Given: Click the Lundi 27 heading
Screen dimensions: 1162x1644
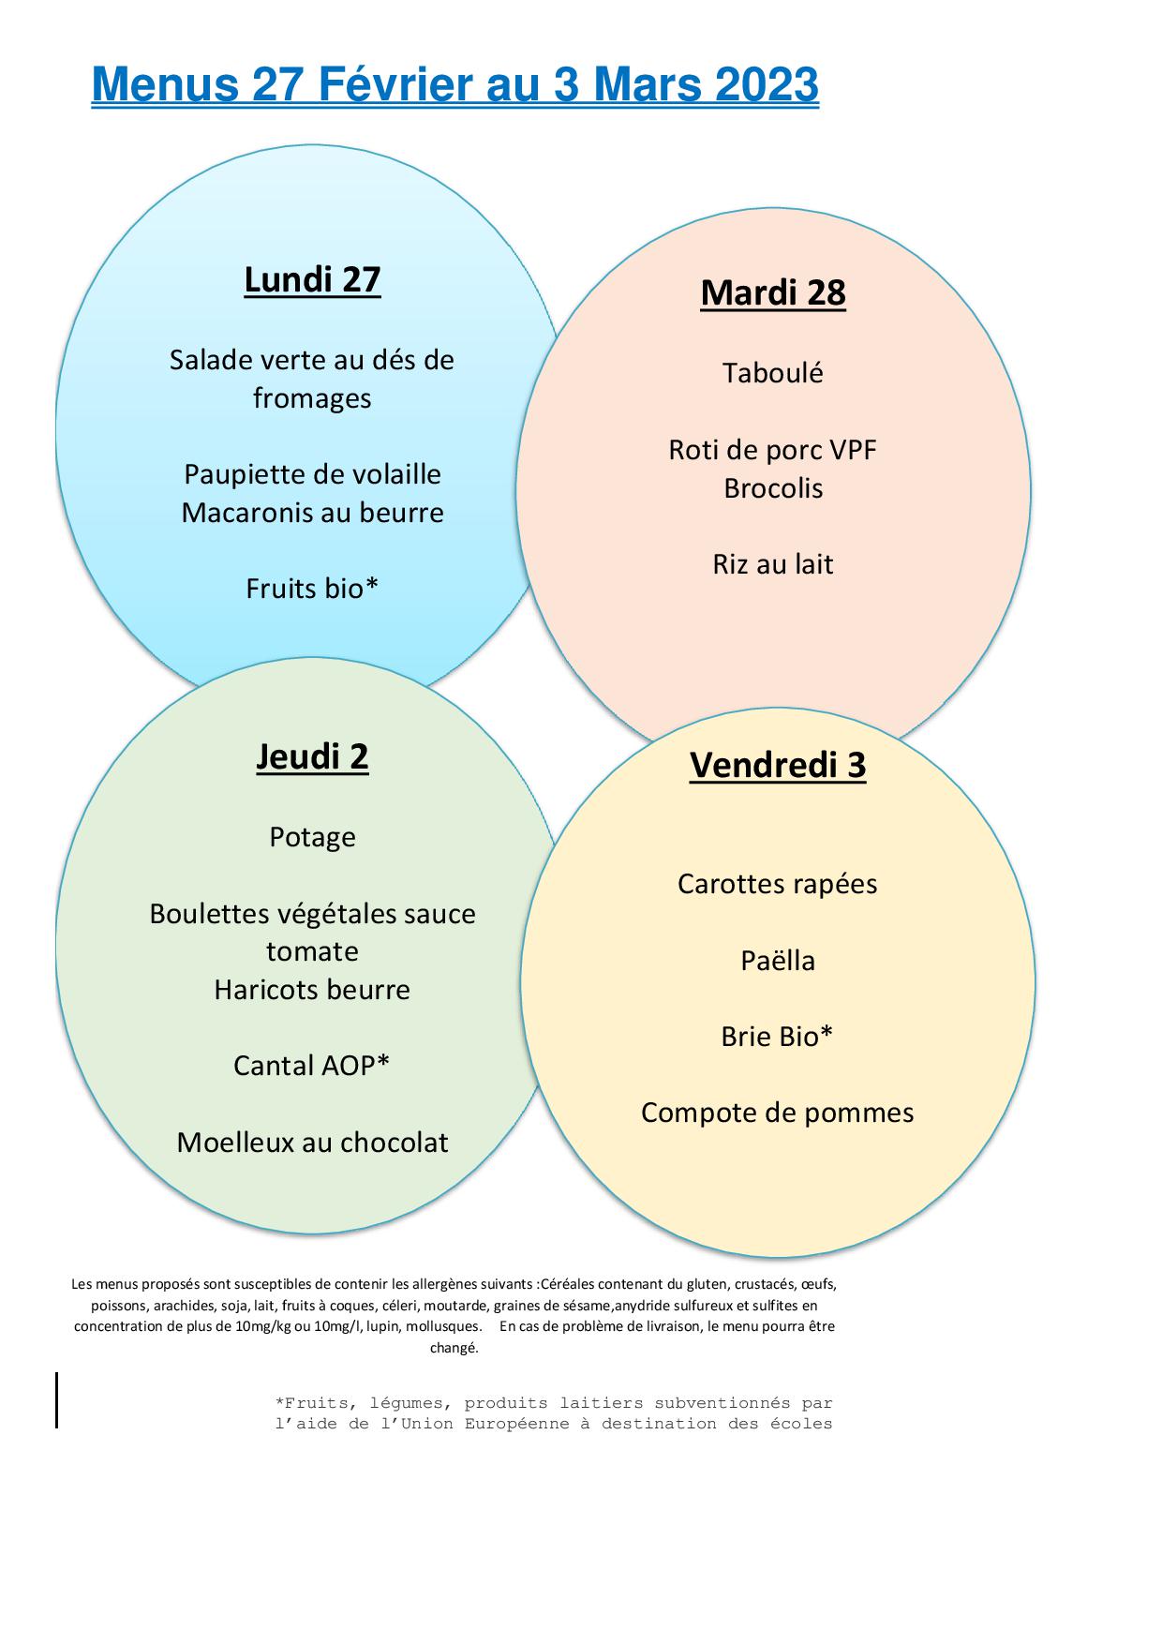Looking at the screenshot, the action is [x=312, y=280].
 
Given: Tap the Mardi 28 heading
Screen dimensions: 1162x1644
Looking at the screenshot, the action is [x=773, y=293].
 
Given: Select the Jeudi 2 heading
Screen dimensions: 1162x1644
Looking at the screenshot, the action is [x=312, y=756].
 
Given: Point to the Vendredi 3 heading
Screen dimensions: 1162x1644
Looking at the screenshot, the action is [x=778, y=765].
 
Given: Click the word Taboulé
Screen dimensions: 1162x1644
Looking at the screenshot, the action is [x=773, y=373].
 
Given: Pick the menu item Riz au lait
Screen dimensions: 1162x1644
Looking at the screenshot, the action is [x=773, y=564].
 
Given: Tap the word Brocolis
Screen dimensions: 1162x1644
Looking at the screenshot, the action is [x=773, y=488].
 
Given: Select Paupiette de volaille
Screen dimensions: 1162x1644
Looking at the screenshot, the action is [x=312, y=474].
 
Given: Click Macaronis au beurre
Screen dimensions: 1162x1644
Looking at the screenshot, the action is [x=312, y=513].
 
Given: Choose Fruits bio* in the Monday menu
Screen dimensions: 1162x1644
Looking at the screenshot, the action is [x=312, y=588].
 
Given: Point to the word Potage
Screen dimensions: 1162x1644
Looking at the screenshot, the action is [x=312, y=837].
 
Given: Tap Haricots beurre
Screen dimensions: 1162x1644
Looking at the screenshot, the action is [x=312, y=990].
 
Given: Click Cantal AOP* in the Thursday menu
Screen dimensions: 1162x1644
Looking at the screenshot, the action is [x=312, y=1066].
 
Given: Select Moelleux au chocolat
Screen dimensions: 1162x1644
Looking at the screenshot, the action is [x=312, y=1143].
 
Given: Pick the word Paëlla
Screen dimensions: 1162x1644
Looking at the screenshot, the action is [x=778, y=961].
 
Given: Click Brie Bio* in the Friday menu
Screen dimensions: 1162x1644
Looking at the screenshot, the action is [x=778, y=1037].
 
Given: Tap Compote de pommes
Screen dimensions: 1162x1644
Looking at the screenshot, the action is [x=778, y=1113].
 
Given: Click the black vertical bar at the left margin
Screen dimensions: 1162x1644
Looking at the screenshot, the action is [x=56, y=1400].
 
